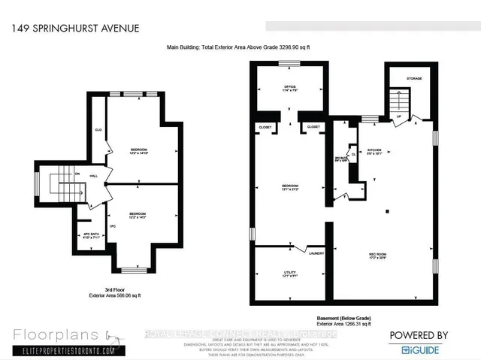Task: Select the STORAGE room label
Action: point(414,78)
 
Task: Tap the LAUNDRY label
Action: point(314,253)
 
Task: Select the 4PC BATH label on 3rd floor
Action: point(91,234)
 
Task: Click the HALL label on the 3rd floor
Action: point(94,177)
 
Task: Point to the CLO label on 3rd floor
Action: point(98,129)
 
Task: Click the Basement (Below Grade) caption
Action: point(345,319)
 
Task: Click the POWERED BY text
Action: point(419,335)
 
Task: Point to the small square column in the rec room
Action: point(387,211)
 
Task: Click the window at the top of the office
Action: point(289,65)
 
